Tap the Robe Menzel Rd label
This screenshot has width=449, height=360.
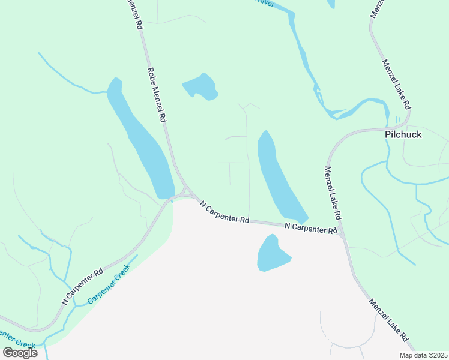pos(155,95)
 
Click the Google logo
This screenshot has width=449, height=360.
pos(20,352)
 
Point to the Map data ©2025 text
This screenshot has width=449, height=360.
pos(422,355)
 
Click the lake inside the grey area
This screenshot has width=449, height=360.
pos(272,253)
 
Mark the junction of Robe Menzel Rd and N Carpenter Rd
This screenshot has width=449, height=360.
pos(185,193)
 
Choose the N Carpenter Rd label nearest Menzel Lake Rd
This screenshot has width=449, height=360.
pos(310,227)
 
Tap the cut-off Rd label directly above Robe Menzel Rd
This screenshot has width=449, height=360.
pos(135,16)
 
